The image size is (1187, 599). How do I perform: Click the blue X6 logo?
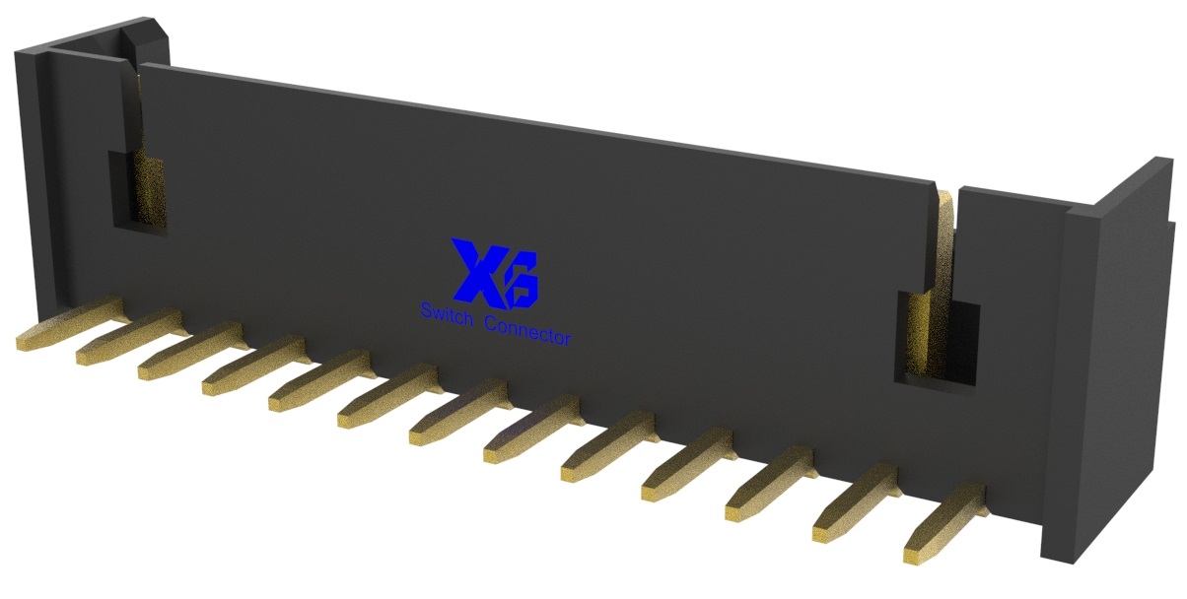[x=495, y=271]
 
